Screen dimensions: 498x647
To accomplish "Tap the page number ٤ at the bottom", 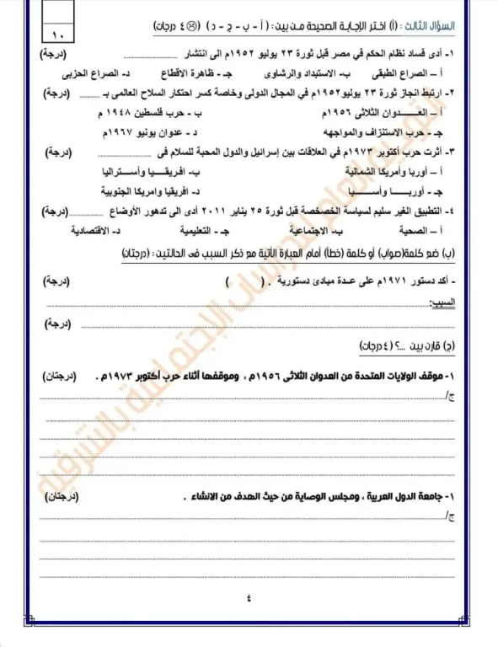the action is pyautogui.click(x=249, y=599).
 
